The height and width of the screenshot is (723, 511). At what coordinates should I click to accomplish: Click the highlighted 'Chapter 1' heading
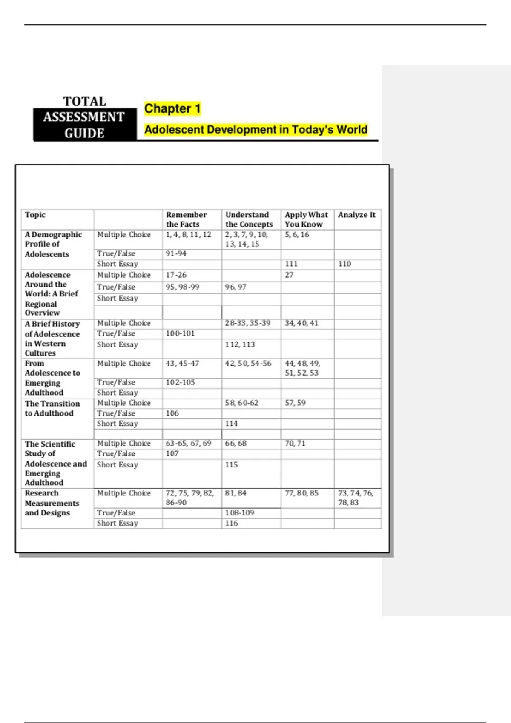coord(172,109)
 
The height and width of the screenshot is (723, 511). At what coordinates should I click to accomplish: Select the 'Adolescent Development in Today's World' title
coord(255,130)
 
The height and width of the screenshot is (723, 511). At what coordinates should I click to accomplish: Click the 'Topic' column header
coord(35,215)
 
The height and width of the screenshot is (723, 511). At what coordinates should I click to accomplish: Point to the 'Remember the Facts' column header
coord(186,219)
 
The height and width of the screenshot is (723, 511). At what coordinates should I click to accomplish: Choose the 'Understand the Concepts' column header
coord(249,219)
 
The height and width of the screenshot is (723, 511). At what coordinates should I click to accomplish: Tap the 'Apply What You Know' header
coord(306,219)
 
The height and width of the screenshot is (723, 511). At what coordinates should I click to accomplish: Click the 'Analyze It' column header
coord(356,215)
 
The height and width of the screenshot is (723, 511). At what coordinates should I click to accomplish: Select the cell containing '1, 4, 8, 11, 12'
coord(188,235)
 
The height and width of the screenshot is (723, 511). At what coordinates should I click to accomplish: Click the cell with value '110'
coord(344,264)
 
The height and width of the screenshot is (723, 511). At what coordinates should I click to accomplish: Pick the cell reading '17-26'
coord(176,275)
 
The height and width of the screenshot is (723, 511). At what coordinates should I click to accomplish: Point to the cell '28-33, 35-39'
coord(247,323)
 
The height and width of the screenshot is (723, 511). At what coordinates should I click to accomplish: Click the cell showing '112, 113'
coord(240,344)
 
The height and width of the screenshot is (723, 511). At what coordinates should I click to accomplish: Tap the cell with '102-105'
coord(180,382)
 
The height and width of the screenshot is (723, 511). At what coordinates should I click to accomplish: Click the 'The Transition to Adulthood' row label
coord(52,408)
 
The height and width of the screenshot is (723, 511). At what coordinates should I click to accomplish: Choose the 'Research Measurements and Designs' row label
coord(52,503)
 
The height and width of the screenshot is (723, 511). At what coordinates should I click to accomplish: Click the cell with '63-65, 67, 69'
coord(188,443)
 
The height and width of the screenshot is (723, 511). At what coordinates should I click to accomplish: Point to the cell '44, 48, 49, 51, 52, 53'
coord(302,368)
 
